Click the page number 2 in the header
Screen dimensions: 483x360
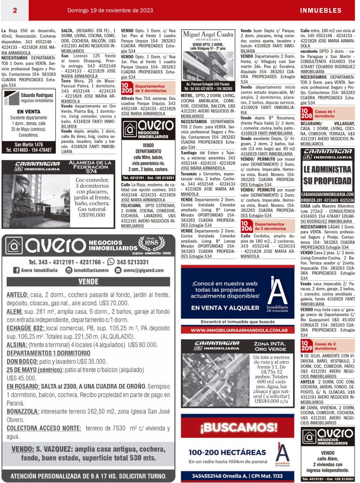tap(15, 10)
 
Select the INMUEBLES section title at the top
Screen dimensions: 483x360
tap(320, 10)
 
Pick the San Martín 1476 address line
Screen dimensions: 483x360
tap(29, 144)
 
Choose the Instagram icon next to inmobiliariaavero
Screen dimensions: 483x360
tap(69, 270)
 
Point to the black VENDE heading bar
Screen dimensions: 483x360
tap(89, 282)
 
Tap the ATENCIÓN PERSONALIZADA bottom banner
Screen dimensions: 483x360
tap(89, 475)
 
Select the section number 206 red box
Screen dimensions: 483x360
tap(246, 226)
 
